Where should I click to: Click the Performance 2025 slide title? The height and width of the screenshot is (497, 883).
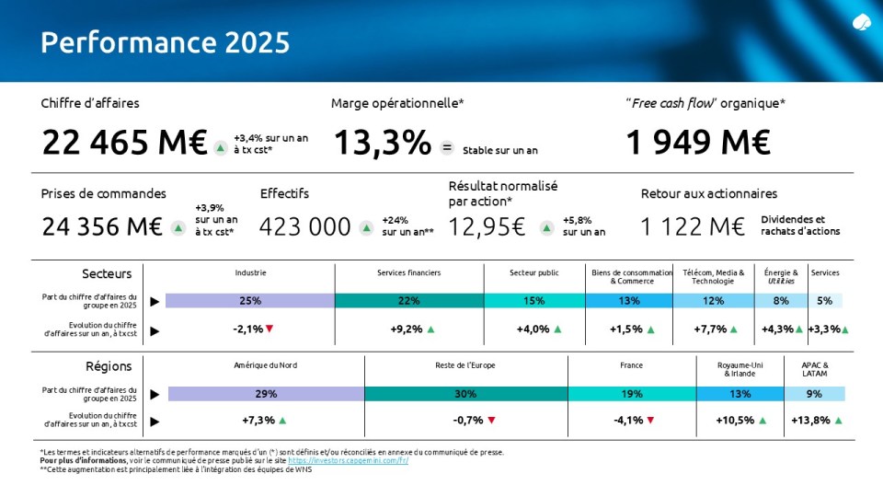coord(165,42)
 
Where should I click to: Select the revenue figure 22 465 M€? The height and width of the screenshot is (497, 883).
coord(124,143)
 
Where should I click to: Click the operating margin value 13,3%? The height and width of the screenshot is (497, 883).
coord(382,143)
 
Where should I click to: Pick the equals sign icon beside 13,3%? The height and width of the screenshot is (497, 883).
coord(447,147)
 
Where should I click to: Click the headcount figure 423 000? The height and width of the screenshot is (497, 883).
coord(305,227)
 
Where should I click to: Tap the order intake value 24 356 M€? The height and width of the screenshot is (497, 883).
coord(102,227)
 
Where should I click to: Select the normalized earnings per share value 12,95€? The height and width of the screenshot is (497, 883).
coord(487,227)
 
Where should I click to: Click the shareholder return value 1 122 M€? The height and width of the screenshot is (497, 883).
coord(693,227)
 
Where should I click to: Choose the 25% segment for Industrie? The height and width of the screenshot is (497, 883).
coord(249,300)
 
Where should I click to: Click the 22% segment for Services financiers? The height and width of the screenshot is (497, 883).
coord(409,300)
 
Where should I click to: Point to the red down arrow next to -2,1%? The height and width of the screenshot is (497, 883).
coord(269,329)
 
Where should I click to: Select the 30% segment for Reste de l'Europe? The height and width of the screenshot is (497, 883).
coord(465,394)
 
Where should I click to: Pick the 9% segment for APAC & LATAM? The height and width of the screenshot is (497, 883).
coord(814,394)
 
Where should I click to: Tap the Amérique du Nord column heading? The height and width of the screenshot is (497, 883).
coord(254,365)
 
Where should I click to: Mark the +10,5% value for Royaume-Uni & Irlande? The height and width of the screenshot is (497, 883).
coord(735,421)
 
